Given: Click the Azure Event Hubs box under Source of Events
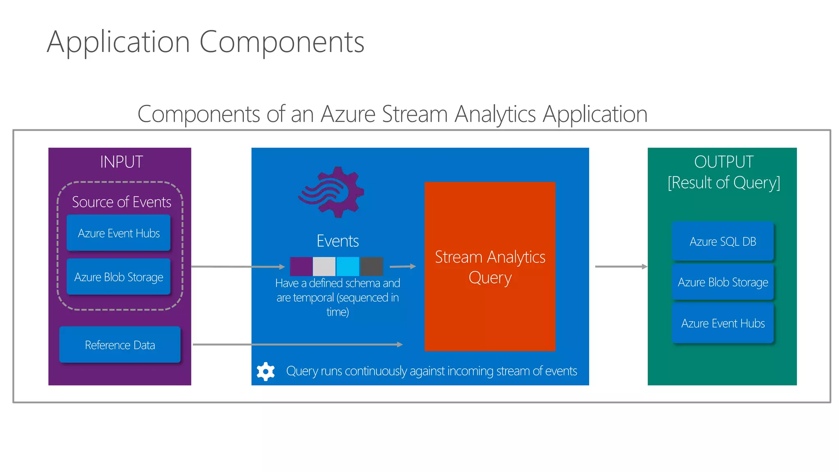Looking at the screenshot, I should (x=118, y=233).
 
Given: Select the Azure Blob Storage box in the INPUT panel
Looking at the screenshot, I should (x=118, y=277).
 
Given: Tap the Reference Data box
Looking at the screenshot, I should (x=120, y=345).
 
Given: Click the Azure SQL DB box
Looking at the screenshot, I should (x=723, y=241).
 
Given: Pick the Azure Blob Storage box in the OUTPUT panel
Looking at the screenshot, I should (x=723, y=282).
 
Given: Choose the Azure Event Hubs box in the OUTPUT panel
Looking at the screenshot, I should (x=723, y=323).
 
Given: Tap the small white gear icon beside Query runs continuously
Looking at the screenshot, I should (x=265, y=371).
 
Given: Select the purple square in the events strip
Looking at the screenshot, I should (x=301, y=266).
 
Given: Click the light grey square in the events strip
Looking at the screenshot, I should (x=324, y=266).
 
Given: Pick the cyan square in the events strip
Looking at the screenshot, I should (x=348, y=266).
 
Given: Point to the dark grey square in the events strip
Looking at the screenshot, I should (x=372, y=266).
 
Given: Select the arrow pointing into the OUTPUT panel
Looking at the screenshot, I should (x=621, y=266).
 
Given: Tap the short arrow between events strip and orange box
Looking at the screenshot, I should (x=403, y=266).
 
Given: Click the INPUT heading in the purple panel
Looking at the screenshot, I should (x=121, y=162).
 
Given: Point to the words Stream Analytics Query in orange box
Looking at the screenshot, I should (x=490, y=267).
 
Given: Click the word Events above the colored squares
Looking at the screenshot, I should (x=338, y=241).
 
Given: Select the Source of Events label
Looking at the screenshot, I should (x=121, y=202).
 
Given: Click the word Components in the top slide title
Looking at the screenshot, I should (x=281, y=42).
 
